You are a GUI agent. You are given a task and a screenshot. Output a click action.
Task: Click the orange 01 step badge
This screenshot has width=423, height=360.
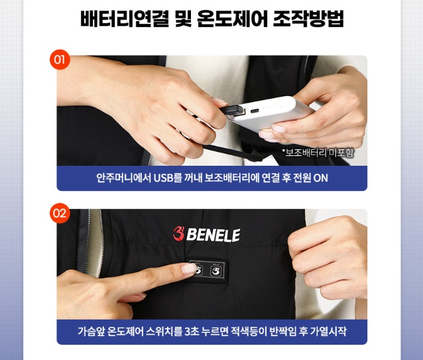click(x=60, y=60)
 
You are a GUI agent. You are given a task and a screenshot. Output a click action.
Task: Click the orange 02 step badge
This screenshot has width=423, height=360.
click(x=60, y=213)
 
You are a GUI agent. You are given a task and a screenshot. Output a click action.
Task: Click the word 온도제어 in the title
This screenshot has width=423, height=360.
click(x=230, y=20)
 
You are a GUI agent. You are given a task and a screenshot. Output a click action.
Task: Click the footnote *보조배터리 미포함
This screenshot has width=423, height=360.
click(x=318, y=153)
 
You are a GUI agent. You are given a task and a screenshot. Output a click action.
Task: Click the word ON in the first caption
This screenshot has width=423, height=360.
click(x=320, y=178)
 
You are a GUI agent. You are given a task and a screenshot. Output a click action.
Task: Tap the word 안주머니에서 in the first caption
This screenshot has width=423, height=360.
click(x=124, y=178)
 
